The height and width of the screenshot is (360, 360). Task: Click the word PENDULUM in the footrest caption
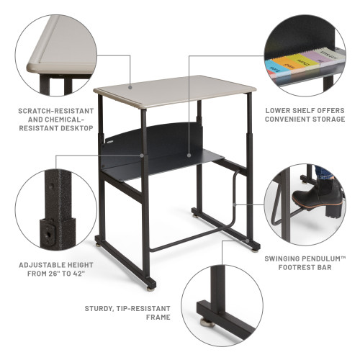(x=320, y=258)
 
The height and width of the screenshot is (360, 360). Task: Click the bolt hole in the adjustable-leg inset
(x=51, y=232)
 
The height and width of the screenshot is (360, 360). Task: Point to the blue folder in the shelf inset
(x=274, y=69)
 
